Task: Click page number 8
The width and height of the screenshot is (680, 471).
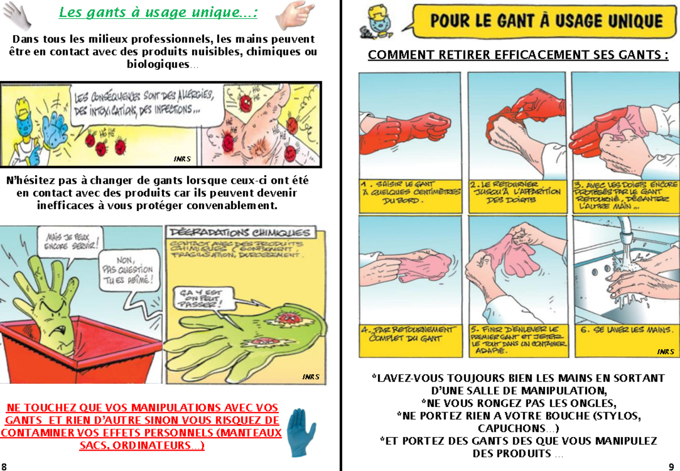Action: click(x=5, y=465)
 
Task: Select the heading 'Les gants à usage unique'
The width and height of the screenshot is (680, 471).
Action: click(x=158, y=12)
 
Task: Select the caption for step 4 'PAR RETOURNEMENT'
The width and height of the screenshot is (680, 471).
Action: click(x=409, y=334)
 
